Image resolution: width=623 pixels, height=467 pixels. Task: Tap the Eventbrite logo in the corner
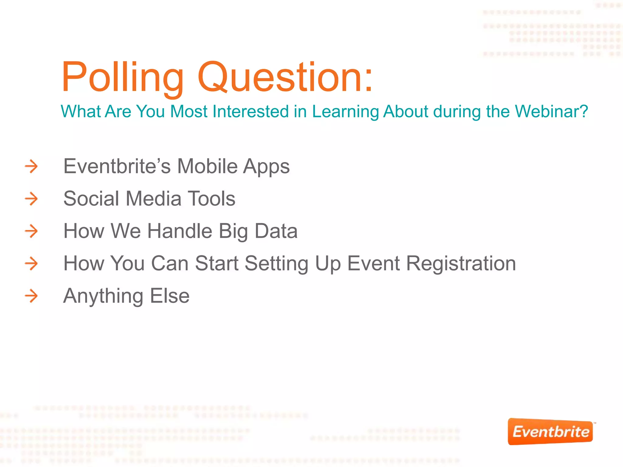(550, 432)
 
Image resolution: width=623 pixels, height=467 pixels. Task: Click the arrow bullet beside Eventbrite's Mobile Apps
(31, 166)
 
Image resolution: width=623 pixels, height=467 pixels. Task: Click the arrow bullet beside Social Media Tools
(31, 199)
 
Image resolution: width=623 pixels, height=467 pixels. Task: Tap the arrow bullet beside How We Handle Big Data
(31, 231)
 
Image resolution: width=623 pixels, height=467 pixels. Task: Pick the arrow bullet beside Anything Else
(31, 296)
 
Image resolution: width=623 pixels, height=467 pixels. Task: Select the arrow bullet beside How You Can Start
(31, 263)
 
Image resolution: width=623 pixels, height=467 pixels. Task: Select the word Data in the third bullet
(276, 231)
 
